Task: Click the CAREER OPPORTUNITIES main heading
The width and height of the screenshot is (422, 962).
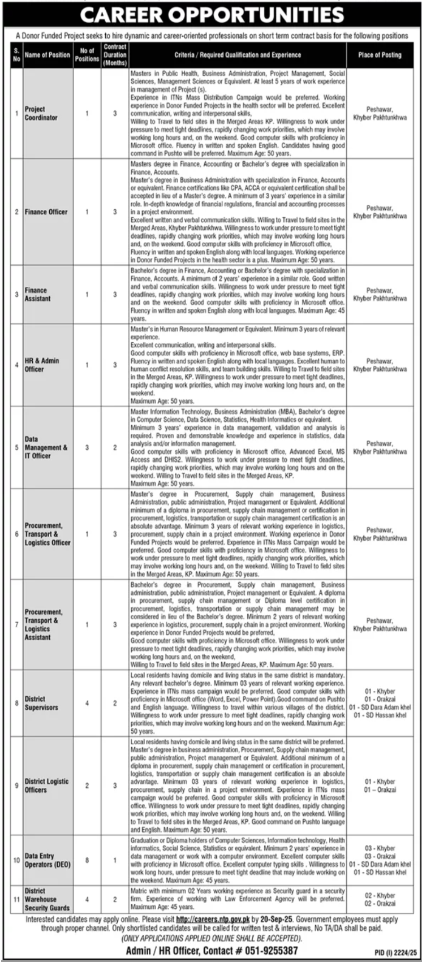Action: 211,14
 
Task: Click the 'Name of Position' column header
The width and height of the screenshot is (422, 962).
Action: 48,55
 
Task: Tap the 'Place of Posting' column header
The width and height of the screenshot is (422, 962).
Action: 380,55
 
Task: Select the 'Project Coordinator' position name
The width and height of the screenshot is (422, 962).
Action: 41,113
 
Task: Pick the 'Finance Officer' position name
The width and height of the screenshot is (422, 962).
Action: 46,212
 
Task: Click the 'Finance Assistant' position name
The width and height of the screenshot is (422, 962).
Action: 38,294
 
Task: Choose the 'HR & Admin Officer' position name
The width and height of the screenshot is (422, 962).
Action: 42,365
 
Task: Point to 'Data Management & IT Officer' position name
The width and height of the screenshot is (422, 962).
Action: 46,447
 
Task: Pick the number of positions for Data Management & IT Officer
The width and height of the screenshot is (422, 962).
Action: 87,447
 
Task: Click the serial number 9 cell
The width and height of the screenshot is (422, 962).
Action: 17,786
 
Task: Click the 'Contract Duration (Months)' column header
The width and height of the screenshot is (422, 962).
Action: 115,55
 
